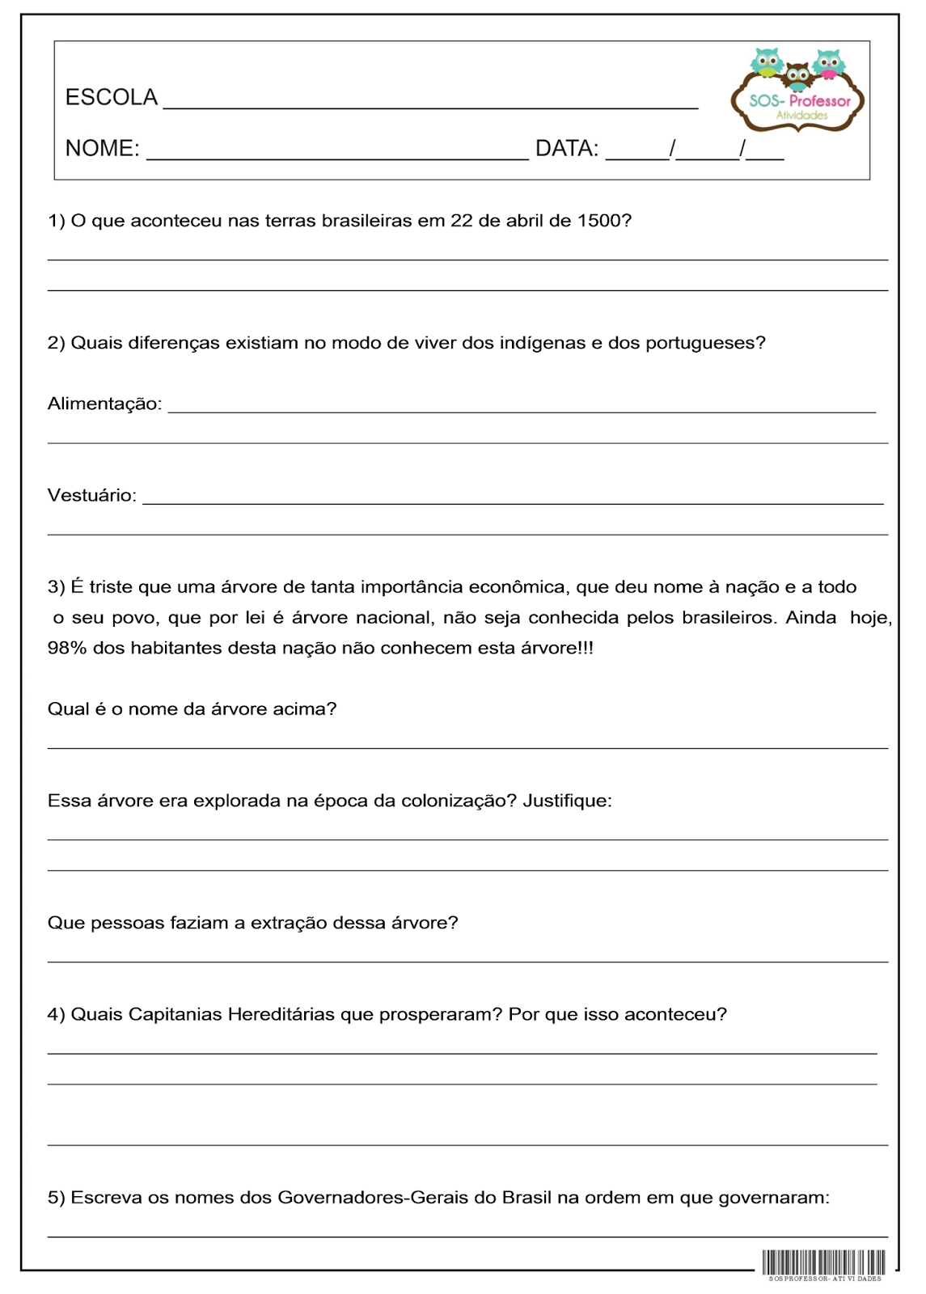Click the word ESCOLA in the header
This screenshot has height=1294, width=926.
[111, 98]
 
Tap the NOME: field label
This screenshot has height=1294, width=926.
[102, 149]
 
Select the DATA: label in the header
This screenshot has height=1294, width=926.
[567, 149]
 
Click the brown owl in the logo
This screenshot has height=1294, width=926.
[797, 77]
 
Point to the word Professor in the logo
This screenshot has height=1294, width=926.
[820, 101]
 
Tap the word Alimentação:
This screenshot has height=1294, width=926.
[104, 404]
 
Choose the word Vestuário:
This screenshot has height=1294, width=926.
[91, 495]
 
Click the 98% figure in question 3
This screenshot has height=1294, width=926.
[67, 648]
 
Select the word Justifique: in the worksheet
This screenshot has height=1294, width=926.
[567, 801]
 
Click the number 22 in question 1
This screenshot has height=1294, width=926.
[461, 221]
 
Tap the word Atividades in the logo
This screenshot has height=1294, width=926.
[801, 116]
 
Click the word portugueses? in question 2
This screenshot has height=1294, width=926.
[704, 343]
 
